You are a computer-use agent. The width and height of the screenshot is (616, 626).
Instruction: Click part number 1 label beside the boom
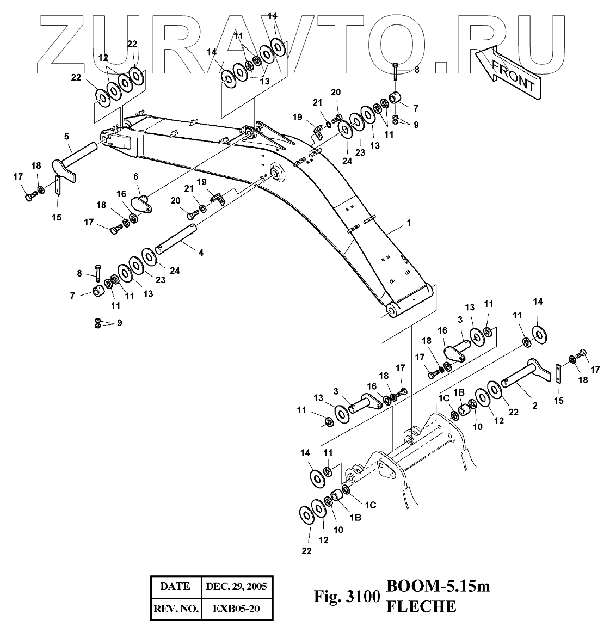pyautogui.click(x=408, y=223)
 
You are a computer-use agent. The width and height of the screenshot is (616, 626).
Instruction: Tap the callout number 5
pyautogui.click(x=66, y=135)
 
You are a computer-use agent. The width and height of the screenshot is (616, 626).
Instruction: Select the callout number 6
pyautogui.click(x=135, y=176)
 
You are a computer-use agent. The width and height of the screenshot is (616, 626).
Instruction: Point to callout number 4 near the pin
pyautogui.click(x=201, y=253)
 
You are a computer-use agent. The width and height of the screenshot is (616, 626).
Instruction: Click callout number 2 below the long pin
pyautogui.click(x=534, y=406)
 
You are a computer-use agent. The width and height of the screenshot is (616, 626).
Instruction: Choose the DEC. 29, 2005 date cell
pyautogui.click(x=236, y=586)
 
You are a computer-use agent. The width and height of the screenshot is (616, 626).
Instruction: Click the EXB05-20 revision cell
pyautogui.click(x=236, y=609)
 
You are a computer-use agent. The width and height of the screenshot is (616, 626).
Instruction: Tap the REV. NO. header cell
pyautogui.click(x=175, y=609)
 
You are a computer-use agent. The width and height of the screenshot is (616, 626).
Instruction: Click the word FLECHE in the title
pyautogui.click(x=421, y=606)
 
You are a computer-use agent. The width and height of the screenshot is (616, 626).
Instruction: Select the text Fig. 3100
pyautogui.click(x=346, y=597)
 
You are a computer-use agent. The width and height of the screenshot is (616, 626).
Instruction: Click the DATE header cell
pyautogui.click(x=175, y=586)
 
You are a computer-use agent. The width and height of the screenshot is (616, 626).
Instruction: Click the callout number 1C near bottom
pyautogui.click(x=370, y=505)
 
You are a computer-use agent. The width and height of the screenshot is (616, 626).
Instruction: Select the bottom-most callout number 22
pyautogui.click(x=307, y=551)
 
